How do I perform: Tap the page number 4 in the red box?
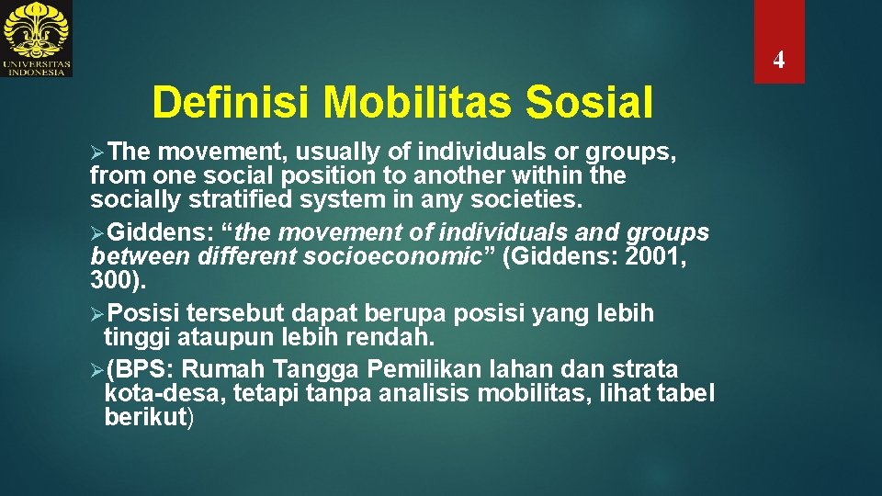pyautogui.click(x=778, y=61)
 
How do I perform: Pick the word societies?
pyautogui.click(x=532, y=197)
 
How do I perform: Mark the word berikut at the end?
pyautogui.click(x=145, y=417)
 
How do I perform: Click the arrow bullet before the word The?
pyautogui.click(x=98, y=152)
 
